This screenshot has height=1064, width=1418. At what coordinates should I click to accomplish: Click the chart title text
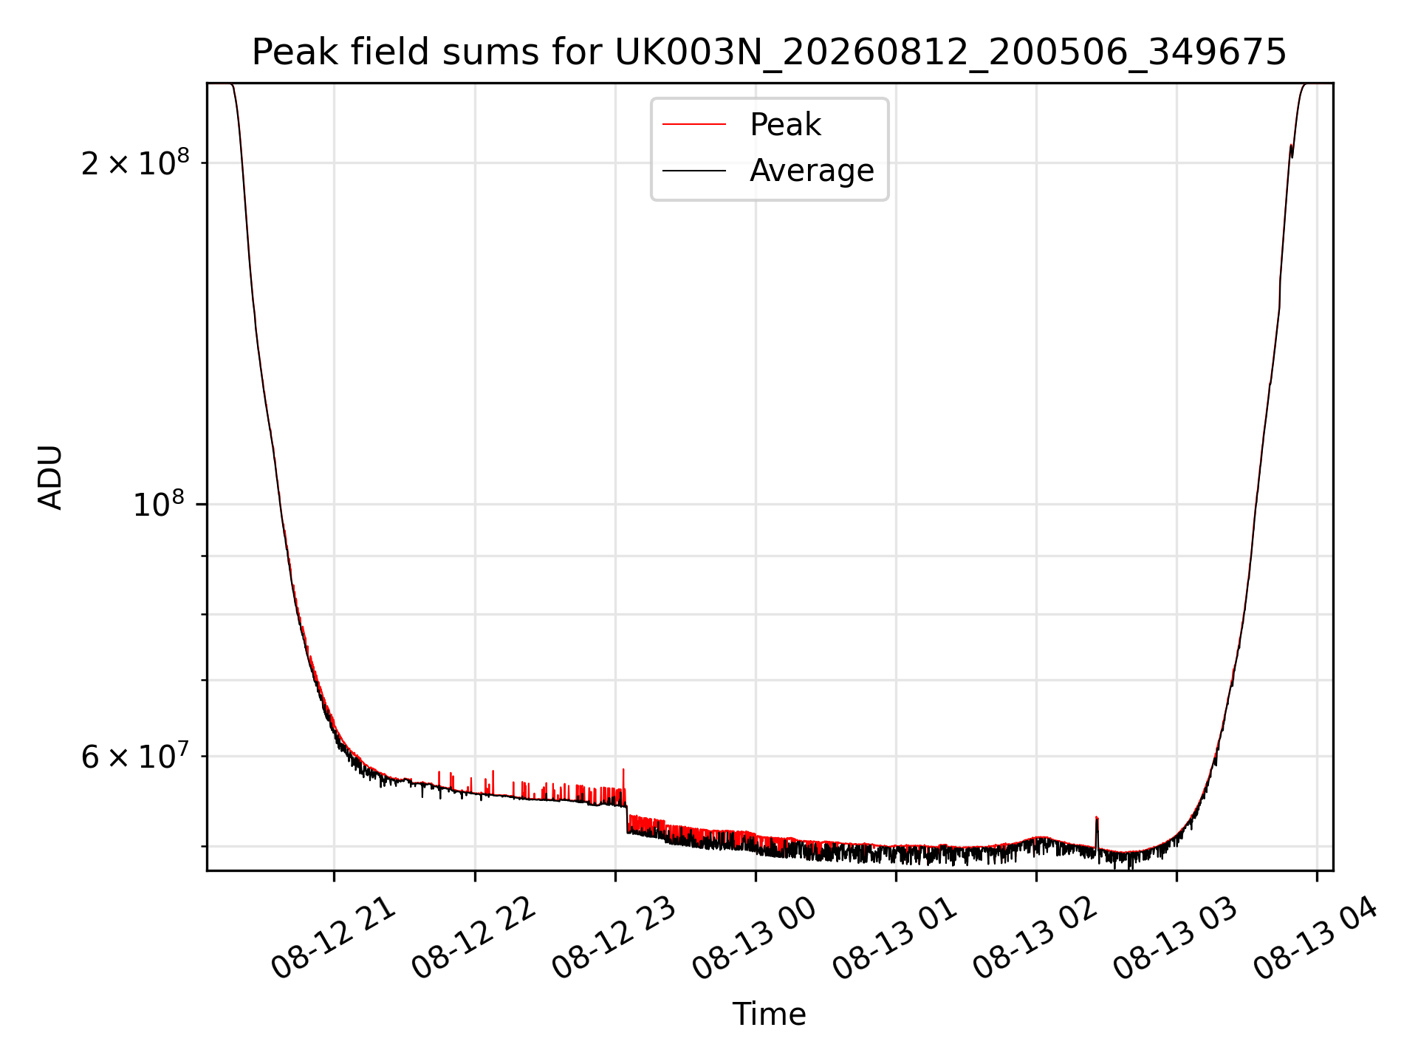[x=769, y=52]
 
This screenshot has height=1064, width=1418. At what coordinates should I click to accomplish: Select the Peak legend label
[x=785, y=125]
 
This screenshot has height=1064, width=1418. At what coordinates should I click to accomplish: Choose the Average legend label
[x=812, y=171]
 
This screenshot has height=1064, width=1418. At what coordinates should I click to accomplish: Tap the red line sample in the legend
[x=694, y=125]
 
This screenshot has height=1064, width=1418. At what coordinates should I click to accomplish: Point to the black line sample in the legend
[x=694, y=171]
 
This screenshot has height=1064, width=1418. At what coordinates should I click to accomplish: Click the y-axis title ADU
[x=50, y=477]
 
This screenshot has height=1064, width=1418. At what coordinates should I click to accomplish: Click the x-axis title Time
[x=769, y=1014]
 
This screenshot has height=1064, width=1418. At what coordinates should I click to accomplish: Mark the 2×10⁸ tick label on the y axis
[x=135, y=162]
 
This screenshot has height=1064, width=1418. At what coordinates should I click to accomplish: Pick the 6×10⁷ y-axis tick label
[x=135, y=756]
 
